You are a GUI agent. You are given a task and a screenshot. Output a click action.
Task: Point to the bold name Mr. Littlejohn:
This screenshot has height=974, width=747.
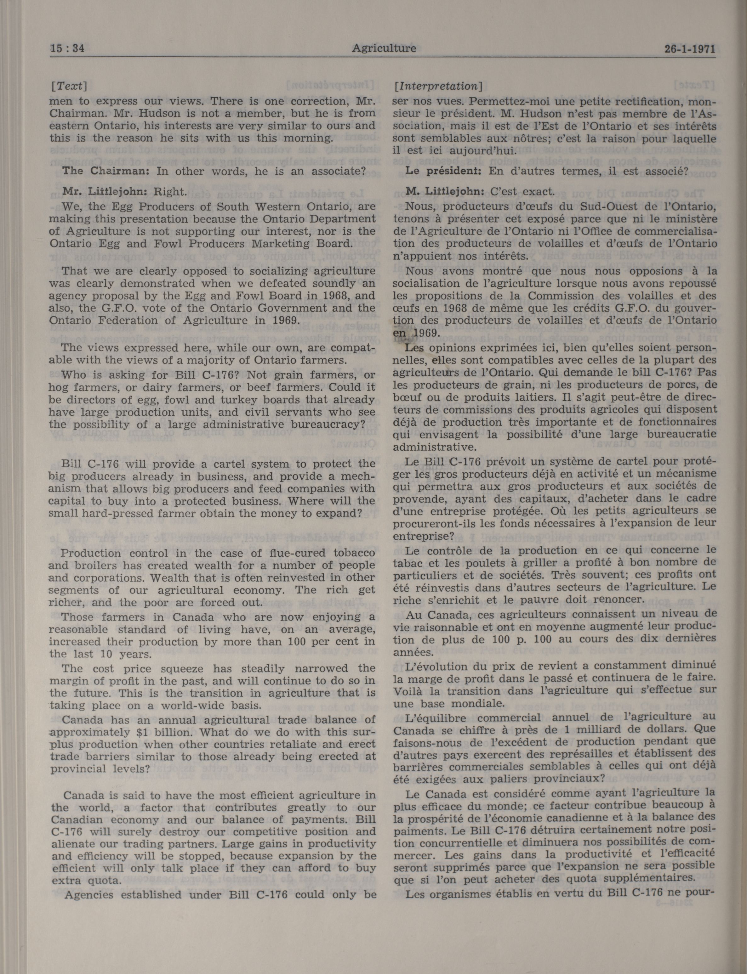(x=105, y=192)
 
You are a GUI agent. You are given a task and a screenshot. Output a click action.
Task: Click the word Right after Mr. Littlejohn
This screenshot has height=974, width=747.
(x=169, y=192)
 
